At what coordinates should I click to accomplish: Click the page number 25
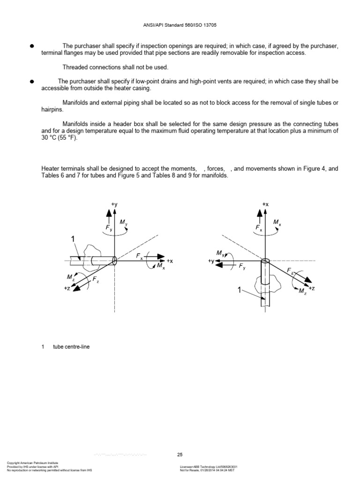[x=180, y=454]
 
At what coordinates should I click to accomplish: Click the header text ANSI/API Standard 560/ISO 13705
[x=180, y=25]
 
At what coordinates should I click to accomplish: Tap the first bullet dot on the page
[x=32, y=46]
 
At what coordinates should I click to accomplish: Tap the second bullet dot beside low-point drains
[x=32, y=81]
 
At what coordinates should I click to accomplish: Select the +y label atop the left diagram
[x=114, y=204]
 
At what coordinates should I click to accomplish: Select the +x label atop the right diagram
[x=265, y=204]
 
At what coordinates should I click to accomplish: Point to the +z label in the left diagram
[x=67, y=288]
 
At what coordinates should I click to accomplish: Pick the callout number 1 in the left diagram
[x=73, y=239]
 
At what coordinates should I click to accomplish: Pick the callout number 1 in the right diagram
[x=240, y=291]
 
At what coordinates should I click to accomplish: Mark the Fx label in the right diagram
[x=259, y=228]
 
